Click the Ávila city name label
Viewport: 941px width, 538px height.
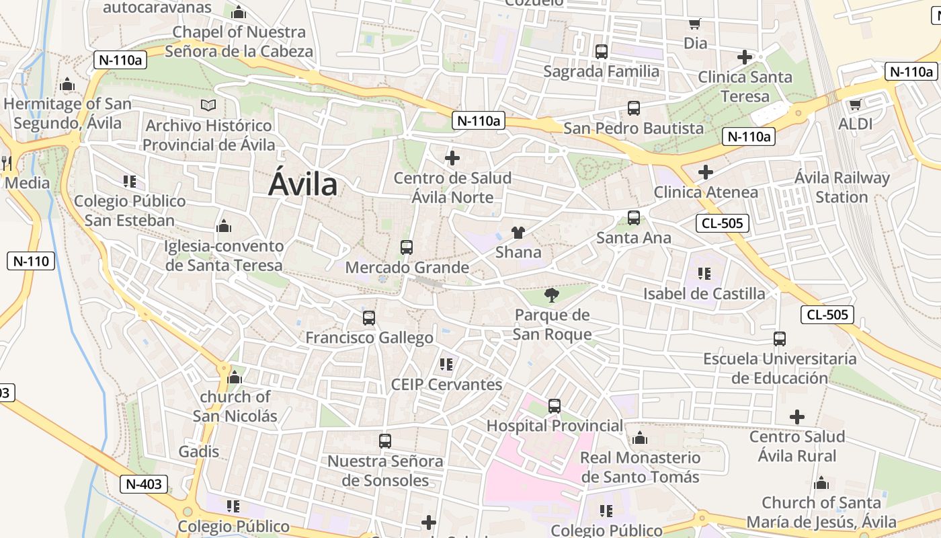tap(302, 183)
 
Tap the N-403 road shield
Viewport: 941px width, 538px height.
tap(145, 484)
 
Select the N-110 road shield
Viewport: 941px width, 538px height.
tap(31, 261)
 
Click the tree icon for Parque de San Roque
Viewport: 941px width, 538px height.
tap(551, 295)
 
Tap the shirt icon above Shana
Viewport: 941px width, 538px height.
tap(518, 233)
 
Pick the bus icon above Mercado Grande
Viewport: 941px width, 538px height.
tap(406, 247)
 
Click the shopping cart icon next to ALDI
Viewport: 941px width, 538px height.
tap(855, 104)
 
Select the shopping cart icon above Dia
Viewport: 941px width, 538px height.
tap(695, 24)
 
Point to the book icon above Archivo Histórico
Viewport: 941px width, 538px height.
tap(208, 106)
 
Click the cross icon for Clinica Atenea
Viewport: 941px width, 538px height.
tap(705, 172)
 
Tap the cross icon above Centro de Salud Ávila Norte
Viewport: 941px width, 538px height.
tap(452, 159)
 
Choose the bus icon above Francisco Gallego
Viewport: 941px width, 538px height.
tap(368, 317)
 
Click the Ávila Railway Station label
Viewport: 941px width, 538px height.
tap(842, 188)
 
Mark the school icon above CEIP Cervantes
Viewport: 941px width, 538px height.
tap(446, 364)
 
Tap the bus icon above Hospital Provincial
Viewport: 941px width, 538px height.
tap(554, 406)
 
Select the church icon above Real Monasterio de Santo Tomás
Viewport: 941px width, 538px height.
tap(640, 438)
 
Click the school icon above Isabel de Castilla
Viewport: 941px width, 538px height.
tap(704, 274)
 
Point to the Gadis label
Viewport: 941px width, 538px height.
tap(199, 451)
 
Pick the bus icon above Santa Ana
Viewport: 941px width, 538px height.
tap(633, 218)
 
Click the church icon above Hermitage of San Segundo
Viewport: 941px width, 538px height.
tap(67, 85)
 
